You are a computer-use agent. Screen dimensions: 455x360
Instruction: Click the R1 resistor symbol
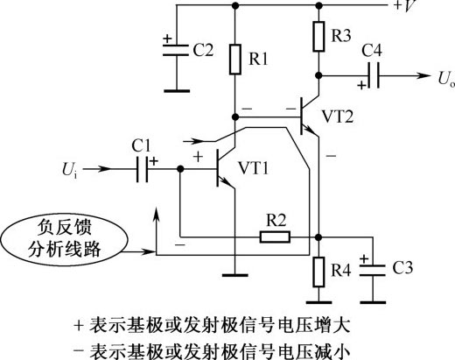tap(235, 60)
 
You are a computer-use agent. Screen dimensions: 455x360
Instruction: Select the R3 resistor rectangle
tap(318, 36)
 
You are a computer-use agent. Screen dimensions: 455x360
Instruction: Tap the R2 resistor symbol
tap(275, 236)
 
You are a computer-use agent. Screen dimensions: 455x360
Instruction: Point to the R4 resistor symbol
tap(318, 272)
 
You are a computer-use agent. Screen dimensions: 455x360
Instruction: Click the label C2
tap(203, 50)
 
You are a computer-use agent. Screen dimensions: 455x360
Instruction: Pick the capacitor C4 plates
tap(374, 75)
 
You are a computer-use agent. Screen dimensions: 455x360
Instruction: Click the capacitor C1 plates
tap(143, 169)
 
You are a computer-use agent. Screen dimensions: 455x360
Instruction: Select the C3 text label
tap(402, 268)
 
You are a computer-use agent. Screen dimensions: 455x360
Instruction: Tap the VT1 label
tap(253, 168)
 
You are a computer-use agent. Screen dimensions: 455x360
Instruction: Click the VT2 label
tap(338, 116)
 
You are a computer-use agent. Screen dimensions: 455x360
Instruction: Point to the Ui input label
tap(70, 170)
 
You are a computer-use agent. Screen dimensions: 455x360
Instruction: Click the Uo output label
tap(446, 79)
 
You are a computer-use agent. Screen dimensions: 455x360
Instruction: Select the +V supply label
tap(405, 6)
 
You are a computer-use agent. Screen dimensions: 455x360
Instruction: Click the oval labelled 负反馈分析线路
tap(64, 239)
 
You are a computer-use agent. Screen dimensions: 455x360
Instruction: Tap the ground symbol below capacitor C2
tap(177, 91)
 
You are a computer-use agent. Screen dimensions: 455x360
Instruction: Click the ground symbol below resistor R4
tap(318, 302)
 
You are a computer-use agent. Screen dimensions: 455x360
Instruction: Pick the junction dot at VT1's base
tap(180, 169)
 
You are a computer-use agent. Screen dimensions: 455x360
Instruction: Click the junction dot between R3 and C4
tap(318, 75)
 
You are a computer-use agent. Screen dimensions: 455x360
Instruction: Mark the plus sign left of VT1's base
tap(198, 157)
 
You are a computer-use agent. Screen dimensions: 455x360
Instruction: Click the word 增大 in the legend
tap(332, 326)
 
